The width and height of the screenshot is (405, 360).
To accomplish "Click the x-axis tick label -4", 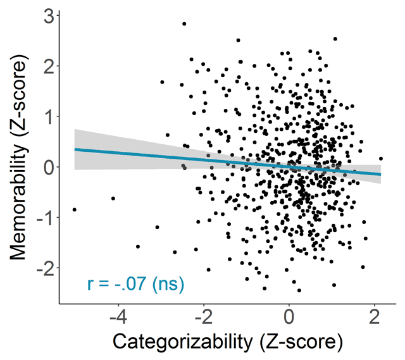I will click(x=115, y=315).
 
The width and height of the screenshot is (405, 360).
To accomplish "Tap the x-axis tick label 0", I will click(x=289, y=315).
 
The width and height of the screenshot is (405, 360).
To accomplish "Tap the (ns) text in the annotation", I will click(x=163, y=285).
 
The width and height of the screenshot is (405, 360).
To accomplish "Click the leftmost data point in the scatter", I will click(x=74, y=209).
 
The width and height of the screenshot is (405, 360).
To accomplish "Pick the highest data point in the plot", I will click(x=184, y=24).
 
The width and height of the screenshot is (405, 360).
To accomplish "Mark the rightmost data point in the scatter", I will click(x=381, y=159).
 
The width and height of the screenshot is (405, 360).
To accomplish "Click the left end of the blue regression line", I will click(x=75, y=149).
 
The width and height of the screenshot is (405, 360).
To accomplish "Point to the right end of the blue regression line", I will click(x=381, y=174).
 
